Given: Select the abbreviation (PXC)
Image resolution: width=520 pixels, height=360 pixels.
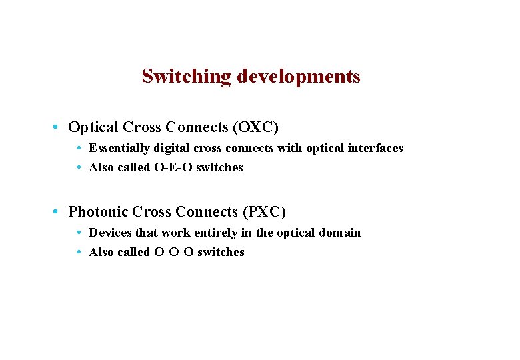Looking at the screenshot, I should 263,212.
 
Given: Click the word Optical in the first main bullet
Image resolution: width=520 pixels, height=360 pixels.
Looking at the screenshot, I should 93,127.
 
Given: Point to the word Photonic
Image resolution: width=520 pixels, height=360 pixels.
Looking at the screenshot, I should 98,212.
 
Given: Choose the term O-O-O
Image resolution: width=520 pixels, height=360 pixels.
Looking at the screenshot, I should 174,252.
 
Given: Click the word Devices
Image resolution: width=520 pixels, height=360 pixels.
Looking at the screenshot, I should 110,233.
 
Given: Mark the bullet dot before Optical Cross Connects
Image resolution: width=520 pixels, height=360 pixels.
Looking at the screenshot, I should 59,127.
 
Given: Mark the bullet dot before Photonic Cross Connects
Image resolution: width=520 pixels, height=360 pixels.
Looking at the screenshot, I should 59,212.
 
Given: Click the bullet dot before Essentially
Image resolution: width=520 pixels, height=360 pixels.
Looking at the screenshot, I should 79,148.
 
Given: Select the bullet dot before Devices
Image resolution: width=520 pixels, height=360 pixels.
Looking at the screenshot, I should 79,233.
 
